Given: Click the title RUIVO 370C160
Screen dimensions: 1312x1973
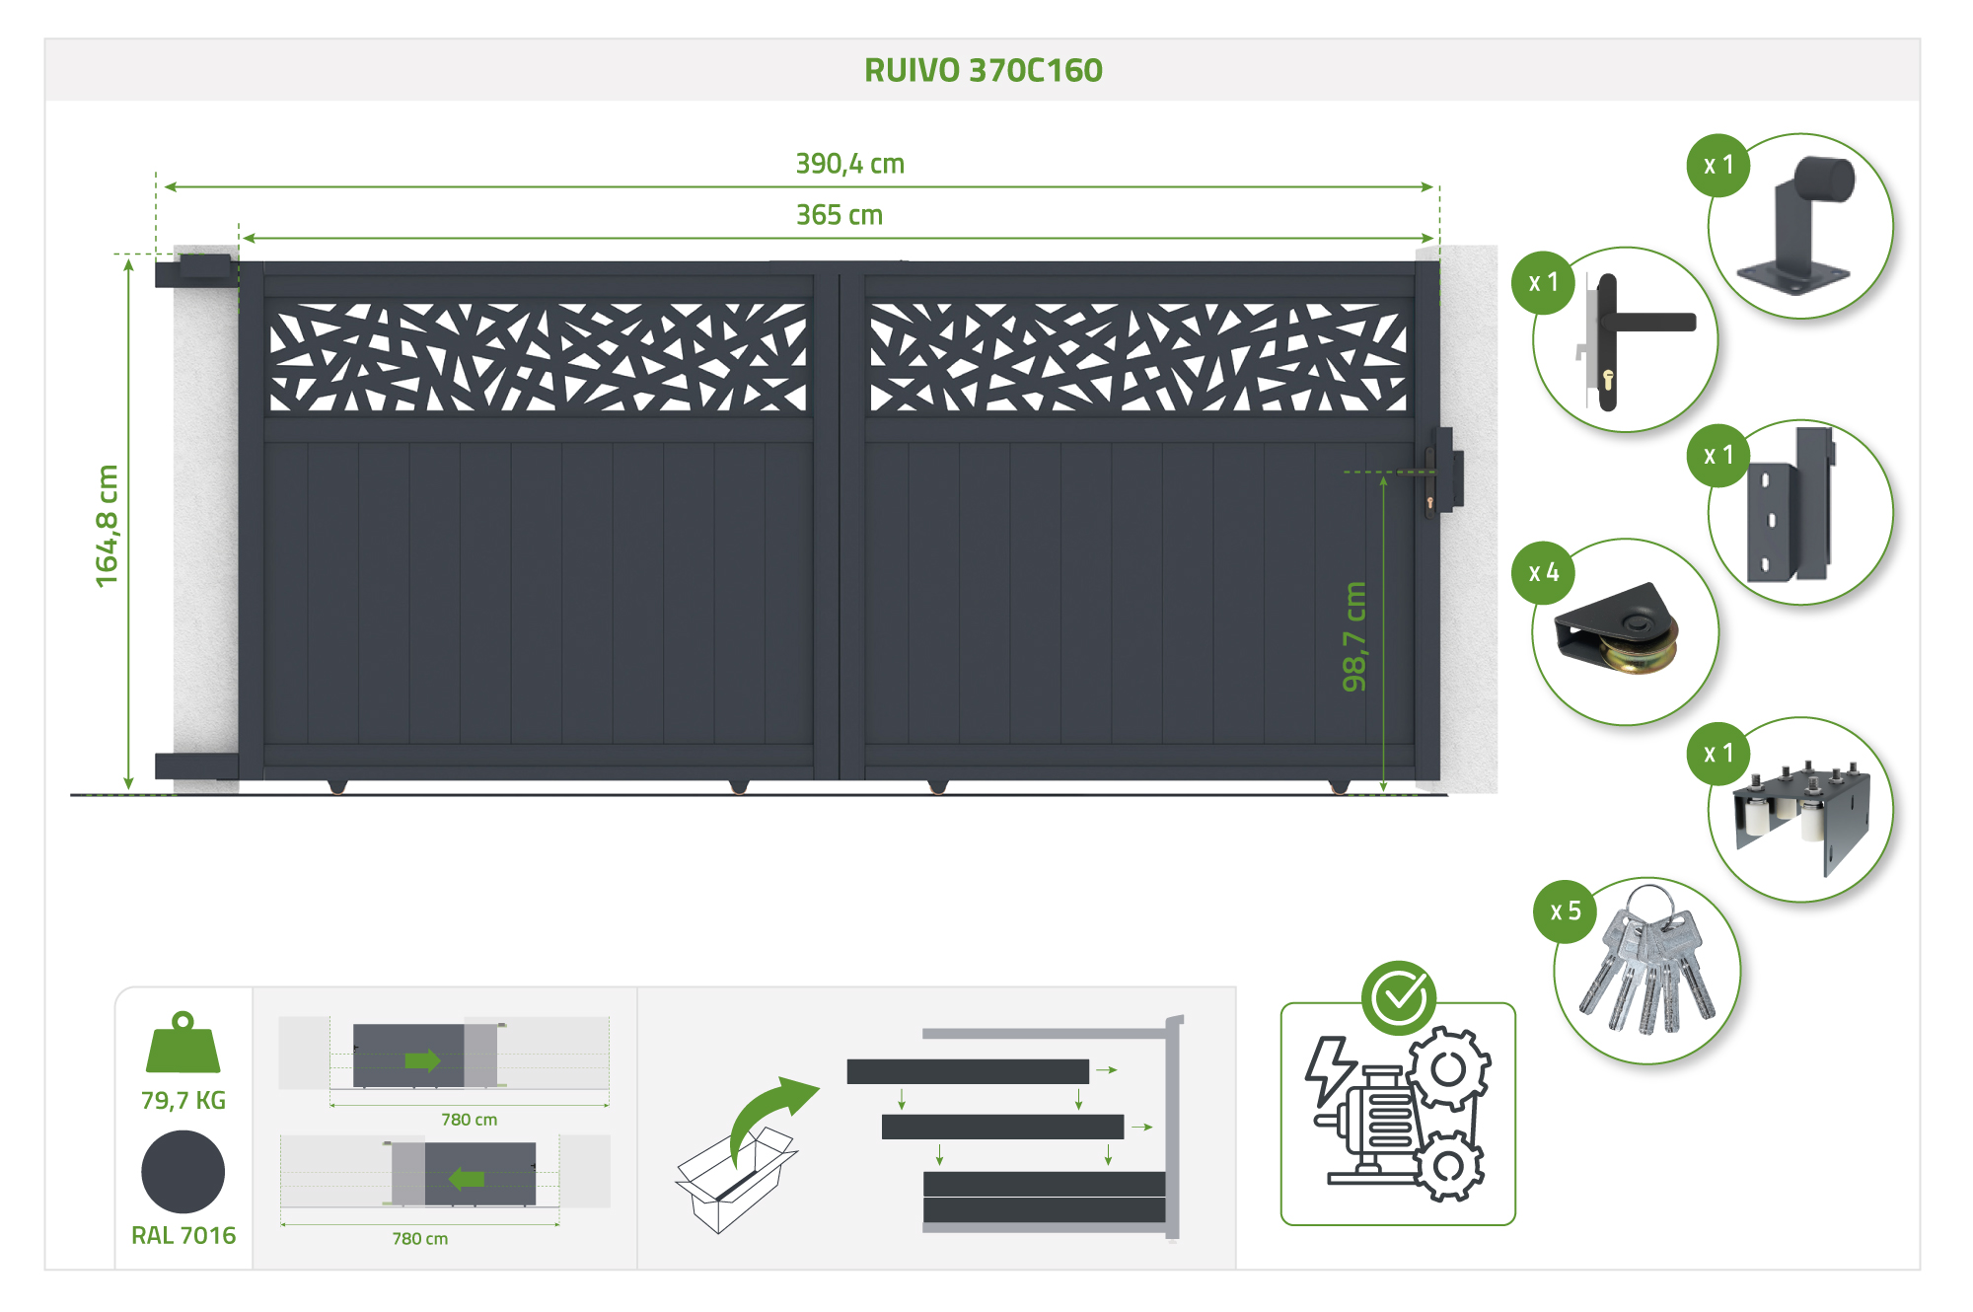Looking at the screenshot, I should pyautogui.click(x=983, y=70).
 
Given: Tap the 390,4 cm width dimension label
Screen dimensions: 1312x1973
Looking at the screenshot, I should pyautogui.click(x=849, y=164).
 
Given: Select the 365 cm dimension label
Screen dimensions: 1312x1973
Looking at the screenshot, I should pyautogui.click(x=839, y=215).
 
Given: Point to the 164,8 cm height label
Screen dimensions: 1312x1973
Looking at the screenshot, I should pyautogui.click(x=107, y=526).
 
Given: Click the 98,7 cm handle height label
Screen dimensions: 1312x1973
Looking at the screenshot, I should pyautogui.click(x=1354, y=636).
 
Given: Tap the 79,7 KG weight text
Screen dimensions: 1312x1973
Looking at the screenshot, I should pyautogui.click(x=183, y=1100).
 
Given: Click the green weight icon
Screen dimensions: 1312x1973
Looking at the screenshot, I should pyautogui.click(x=183, y=1043).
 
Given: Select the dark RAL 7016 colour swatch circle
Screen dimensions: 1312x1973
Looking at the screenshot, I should pyautogui.click(x=183, y=1172).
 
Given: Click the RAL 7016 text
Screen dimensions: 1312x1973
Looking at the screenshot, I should pyautogui.click(x=183, y=1235).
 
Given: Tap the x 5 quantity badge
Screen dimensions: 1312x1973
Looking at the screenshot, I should pyautogui.click(x=1565, y=911).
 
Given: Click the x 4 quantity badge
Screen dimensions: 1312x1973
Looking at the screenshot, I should pyautogui.click(x=1543, y=572).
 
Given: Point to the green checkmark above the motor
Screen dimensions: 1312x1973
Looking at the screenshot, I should pyautogui.click(x=1398, y=997).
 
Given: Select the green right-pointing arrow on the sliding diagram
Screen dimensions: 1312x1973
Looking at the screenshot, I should pyautogui.click(x=422, y=1060).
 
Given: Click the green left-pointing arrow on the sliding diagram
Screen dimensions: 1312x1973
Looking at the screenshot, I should pyautogui.click(x=467, y=1179).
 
